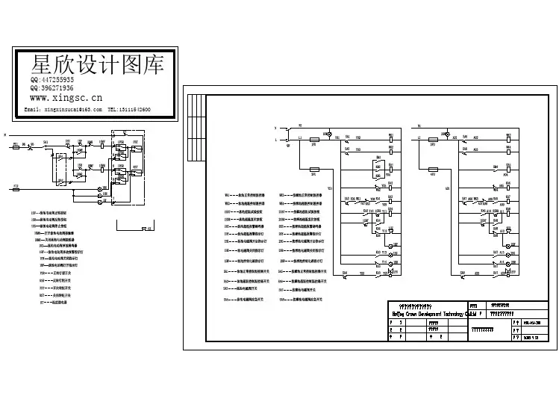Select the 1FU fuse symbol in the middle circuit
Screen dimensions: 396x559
[313, 140]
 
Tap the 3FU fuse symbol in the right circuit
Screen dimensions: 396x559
[433, 140]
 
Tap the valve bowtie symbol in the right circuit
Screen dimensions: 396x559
[509, 274]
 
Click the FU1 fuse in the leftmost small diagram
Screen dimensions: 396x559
[16, 146]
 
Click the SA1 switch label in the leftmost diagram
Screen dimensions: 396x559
[46, 141]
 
